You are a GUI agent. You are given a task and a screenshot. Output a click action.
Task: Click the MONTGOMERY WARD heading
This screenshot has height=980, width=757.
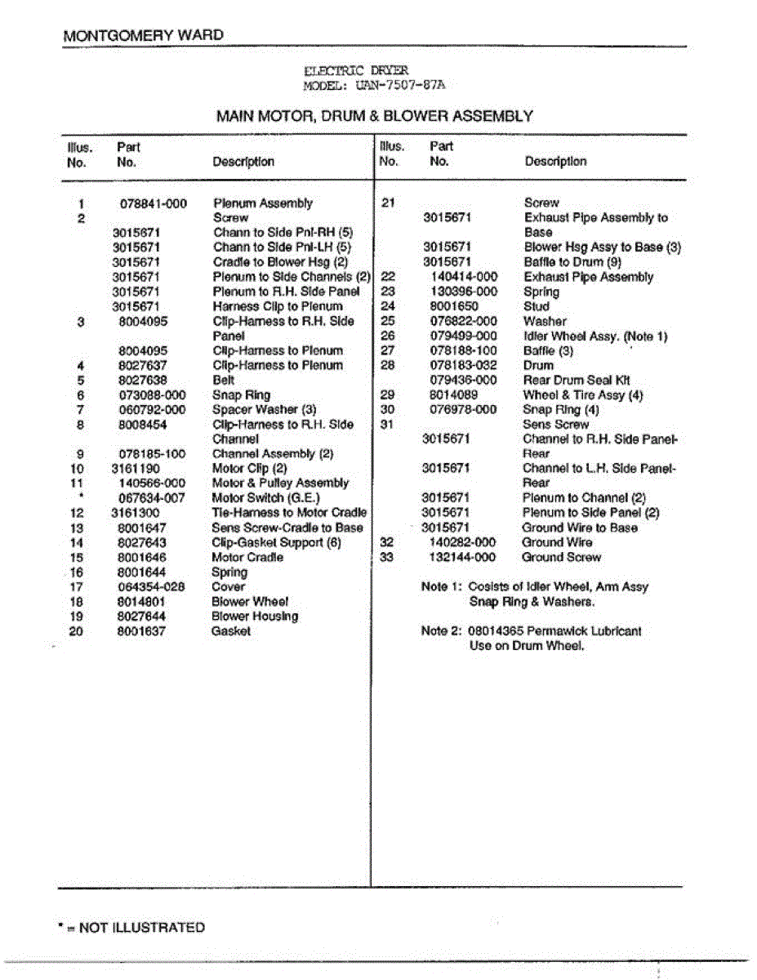(x=143, y=36)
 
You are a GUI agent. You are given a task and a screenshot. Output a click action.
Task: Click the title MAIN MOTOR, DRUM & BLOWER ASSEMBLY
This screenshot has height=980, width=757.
(x=374, y=116)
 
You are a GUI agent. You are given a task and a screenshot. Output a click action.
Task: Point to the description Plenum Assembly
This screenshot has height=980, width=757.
(x=262, y=203)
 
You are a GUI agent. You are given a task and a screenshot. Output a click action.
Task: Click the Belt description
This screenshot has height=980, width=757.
(x=223, y=380)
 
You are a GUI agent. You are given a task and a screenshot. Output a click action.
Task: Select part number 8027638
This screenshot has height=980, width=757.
(x=142, y=380)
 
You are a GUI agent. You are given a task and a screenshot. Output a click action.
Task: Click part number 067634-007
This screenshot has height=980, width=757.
(x=152, y=498)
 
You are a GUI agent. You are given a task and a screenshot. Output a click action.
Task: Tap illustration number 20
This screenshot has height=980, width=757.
(x=77, y=631)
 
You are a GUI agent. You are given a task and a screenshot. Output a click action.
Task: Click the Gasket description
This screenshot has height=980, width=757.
(x=230, y=631)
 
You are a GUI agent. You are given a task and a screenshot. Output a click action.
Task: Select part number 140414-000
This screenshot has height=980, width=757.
(x=463, y=277)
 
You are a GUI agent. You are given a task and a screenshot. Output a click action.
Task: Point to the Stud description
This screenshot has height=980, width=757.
(x=537, y=306)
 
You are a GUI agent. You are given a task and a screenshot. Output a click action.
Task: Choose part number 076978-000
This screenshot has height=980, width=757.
(x=463, y=409)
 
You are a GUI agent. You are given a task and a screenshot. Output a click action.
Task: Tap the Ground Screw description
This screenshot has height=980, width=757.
(x=561, y=557)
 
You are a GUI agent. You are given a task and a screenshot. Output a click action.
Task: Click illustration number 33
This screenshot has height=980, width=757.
(x=388, y=557)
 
